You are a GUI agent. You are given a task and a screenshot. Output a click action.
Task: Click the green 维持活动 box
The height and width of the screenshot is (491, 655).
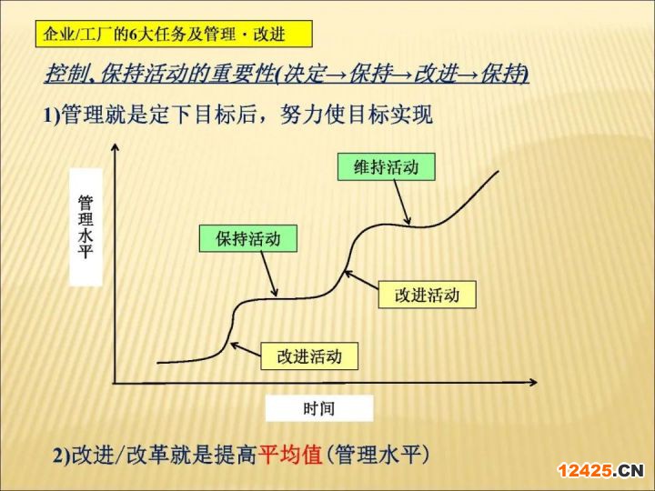[x=387, y=166]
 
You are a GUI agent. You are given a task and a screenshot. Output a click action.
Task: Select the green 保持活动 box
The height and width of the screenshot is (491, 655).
[x=248, y=238]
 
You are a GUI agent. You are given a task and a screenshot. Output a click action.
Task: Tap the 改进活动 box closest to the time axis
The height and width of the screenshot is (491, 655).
[x=309, y=356]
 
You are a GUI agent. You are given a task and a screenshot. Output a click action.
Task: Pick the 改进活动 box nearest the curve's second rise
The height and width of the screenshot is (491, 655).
[x=427, y=295]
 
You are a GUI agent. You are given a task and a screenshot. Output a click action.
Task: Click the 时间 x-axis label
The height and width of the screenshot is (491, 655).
[x=319, y=408]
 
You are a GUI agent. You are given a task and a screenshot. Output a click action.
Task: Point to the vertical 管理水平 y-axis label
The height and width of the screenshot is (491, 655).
[x=86, y=226]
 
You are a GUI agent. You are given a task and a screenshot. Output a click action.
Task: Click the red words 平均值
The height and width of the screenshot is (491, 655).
[x=290, y=455]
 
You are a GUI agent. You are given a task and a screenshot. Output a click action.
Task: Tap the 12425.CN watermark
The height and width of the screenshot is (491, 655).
[x=601, y=471]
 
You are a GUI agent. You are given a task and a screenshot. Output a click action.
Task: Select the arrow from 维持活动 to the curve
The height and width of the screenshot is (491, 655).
[x=401, y=203]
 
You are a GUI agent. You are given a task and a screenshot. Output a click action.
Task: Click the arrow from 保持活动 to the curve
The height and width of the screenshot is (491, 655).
[x=269, y=274]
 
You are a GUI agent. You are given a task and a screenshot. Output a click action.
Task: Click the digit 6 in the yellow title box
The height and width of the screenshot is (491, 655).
[x=133, y=34]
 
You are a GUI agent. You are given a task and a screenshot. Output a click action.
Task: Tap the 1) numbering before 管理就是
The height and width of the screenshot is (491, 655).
[x=52, y=115]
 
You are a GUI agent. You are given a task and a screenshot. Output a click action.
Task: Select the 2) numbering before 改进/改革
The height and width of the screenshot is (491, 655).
[x=62, y=456]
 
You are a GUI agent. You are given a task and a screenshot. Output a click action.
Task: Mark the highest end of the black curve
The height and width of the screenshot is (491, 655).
[x=499, y=171]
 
